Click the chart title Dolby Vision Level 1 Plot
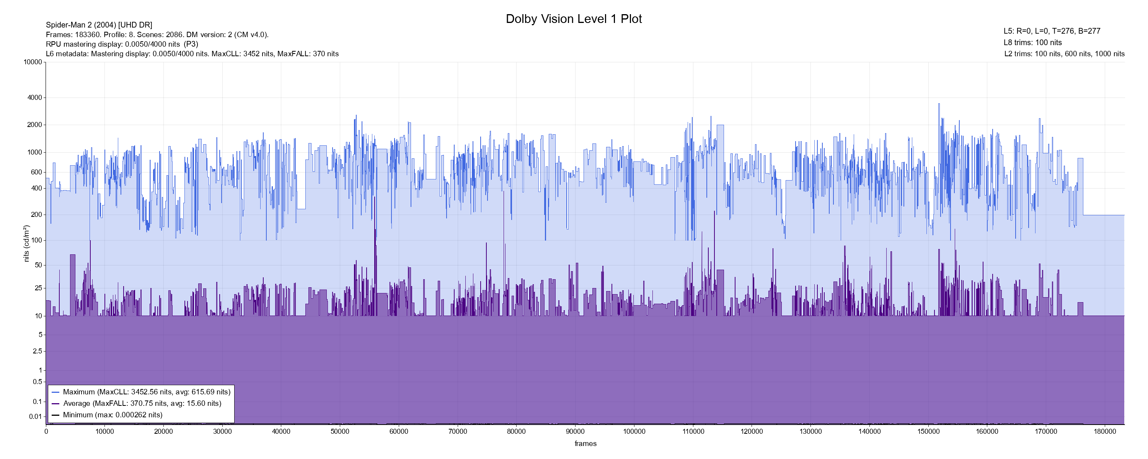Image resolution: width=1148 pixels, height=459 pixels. coord(574,19)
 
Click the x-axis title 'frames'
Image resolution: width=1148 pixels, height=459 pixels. coord(585,443)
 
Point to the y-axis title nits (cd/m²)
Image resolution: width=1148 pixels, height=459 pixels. coord(26,243)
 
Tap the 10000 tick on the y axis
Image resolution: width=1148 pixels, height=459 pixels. coord(33,62)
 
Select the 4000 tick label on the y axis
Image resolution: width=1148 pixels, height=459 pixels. coord(35,98)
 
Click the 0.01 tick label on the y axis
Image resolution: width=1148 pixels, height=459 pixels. coord(36,417)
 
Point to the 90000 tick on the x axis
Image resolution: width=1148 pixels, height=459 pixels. coord(575,431)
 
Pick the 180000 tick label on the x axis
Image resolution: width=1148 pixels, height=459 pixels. coord(1105,431)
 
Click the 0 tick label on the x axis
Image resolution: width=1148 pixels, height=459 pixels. coord(46,431)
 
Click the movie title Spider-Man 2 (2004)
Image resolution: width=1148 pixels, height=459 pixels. coord(99,25)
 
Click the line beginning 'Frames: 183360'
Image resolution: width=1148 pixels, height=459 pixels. coord(157,35)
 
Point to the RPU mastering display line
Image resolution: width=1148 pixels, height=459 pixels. coord(122,44)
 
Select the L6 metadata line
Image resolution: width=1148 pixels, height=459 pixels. coord(192,54)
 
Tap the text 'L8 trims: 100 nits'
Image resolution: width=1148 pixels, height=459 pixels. coord(1032,43)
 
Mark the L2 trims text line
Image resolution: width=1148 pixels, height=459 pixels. coord(1064,54)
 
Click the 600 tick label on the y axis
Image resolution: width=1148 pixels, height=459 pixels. coord(36,172)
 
